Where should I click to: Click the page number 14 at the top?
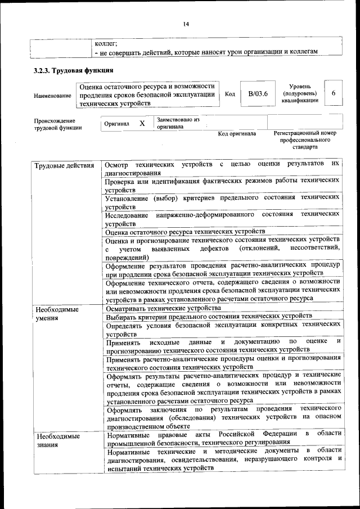187,24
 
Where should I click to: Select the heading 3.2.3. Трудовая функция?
74,71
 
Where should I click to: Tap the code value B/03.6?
258,93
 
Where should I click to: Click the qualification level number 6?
334,93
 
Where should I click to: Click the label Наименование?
52,96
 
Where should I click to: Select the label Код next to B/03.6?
229,94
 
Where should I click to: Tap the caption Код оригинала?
237,134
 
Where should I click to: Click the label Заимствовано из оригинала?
178,123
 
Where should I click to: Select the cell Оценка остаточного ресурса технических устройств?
185,232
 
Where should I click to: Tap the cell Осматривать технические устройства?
163,309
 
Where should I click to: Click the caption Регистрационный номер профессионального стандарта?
304,140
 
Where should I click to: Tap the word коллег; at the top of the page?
106,42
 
